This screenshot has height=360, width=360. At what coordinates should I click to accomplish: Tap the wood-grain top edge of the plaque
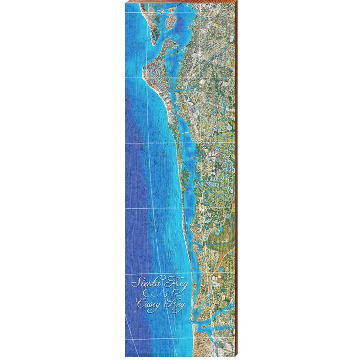pos(180,3)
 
